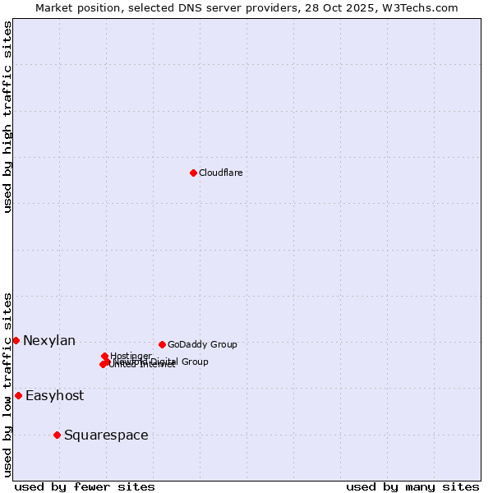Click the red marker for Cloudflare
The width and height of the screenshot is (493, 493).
point(193,173)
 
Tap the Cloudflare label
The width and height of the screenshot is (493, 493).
point(220,173)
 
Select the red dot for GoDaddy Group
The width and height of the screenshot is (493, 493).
point(162,344)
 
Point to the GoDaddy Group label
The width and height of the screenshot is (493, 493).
point(202,344)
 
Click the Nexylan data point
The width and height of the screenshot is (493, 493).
point(16,340)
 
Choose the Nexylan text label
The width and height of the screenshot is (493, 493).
point(49,341)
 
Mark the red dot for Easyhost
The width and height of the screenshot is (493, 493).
point(18,395)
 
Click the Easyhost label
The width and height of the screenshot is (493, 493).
point(54,396)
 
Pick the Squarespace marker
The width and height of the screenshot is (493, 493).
point(57,435)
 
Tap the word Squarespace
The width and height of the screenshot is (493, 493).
point(106,435)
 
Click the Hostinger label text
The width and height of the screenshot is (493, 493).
point(131,356)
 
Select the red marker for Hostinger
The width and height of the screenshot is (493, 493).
point(104,356)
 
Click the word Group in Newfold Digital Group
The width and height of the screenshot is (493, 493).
point(194,362)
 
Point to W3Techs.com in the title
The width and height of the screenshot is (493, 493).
point(423,7)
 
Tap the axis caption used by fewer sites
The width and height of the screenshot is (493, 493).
point(85,486)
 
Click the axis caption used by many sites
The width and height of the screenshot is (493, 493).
point(412,486)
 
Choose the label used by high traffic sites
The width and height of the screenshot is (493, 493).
point(7,117)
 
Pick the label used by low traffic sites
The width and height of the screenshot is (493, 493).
point(7,384)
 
